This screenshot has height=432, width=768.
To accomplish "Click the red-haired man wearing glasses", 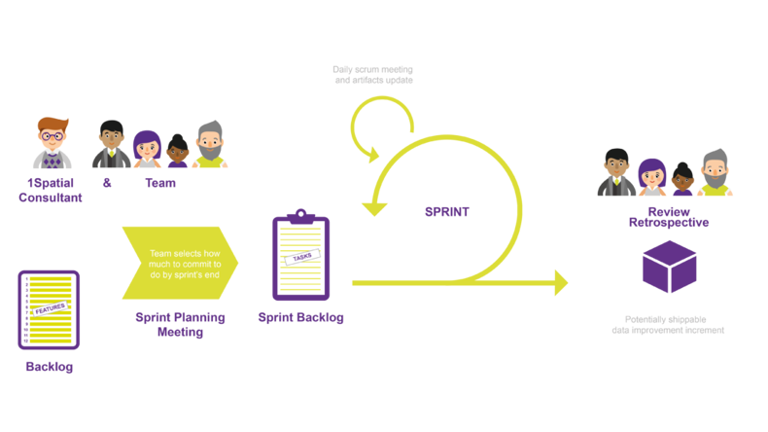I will [x=52, y=144].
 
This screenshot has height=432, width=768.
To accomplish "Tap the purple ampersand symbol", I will [x=107, y=182].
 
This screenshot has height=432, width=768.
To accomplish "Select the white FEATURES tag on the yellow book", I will [x=50, y=308].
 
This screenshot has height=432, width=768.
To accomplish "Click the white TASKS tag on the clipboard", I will [x=303, y=255].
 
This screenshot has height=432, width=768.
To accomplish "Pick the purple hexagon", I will [x=669, y=267].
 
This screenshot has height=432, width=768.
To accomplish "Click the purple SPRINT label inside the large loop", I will [x=447, y=211].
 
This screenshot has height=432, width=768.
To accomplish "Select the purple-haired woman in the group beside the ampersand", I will [x=146, y=149].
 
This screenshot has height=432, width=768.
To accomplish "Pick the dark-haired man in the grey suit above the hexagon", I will [x=615, y=171].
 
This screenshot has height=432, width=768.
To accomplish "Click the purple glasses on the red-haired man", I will [x=52, y=137].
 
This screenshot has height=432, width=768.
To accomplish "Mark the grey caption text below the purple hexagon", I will [x=668, y=324].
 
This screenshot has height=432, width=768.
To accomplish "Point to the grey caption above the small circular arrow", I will [x=373, y=74].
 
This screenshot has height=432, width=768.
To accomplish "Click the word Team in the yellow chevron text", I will [x=160, y=253].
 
